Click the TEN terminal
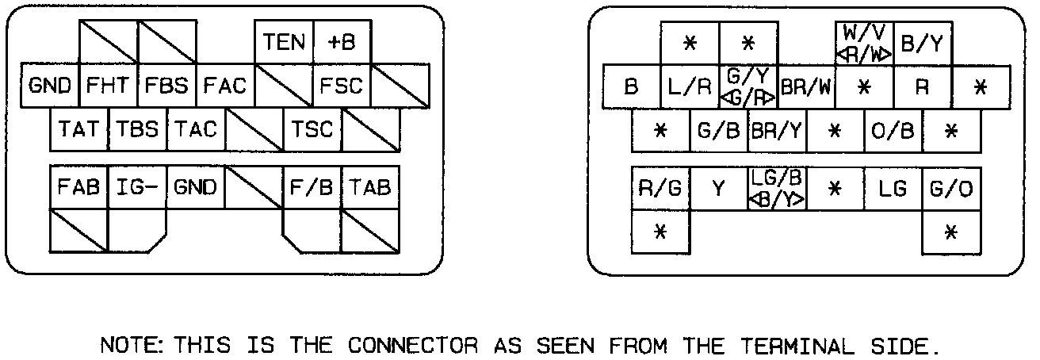click(285, 42)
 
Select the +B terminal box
click(342, 42)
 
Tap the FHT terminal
click(109, 85)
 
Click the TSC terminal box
click(313, 128)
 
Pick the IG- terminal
click(137, 188)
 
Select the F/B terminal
click(313, 188)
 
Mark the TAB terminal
click(371, 188)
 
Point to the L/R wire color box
click(690, 86)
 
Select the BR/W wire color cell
click(806, 86)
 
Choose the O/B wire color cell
click(893, 130)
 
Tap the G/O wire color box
click(951, 189)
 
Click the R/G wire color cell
click(661, 189)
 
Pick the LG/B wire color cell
click(777, 189)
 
